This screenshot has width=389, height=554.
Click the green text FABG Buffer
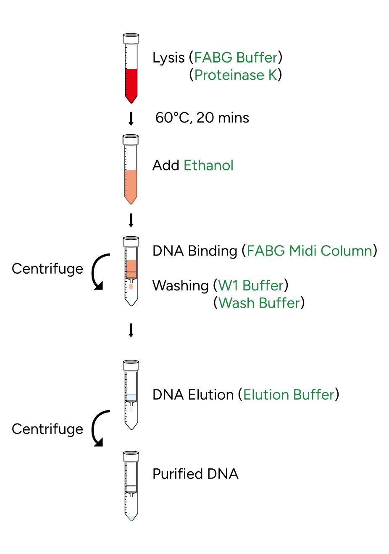pos(236,57)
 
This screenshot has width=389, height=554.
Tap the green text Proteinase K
pos(236,75)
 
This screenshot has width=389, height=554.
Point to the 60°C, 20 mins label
pos(202,118)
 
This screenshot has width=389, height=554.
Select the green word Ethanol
pos(208,165)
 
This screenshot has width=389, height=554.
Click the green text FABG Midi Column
pos(310,251)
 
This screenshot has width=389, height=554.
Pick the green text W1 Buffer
pos(251,286)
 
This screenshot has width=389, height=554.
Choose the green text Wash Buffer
pos(259,303)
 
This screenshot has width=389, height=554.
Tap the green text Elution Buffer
pos(289,395)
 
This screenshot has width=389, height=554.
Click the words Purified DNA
pos(195,474)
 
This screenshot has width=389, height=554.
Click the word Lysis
pos(168,58)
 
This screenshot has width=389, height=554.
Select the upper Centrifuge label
pos(47,269)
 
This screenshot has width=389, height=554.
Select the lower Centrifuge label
pos(47,429)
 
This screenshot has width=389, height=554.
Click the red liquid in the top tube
pos(131,84)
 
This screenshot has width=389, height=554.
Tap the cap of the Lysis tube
pos(131,39)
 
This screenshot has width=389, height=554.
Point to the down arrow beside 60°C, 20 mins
pos(131,118)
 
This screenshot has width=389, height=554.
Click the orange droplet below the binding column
pos(131,287)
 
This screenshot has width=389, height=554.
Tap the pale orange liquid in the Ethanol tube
pos(131,185)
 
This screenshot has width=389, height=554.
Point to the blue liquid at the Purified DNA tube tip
pos(131,518)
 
